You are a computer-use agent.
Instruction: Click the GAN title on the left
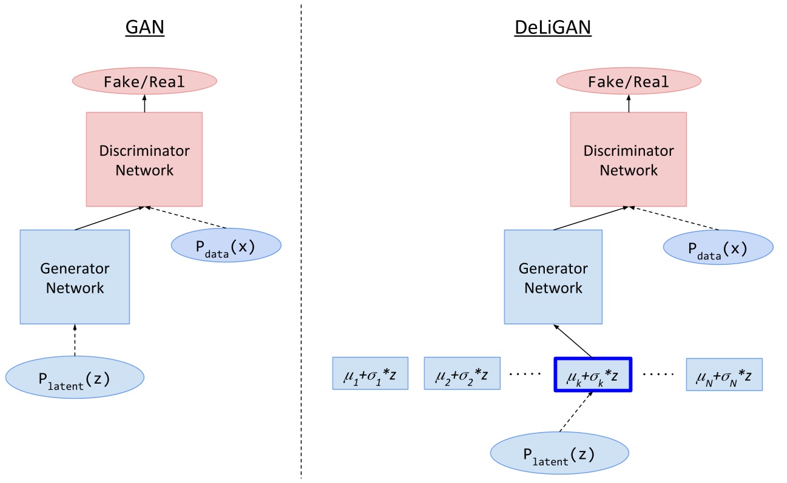[x=145, y=27]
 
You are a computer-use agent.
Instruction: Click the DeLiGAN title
[x=553, y=27]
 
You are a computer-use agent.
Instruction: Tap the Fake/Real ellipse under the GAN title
[x=144, y=81]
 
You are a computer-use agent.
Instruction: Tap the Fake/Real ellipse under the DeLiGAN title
[x=629, y=81]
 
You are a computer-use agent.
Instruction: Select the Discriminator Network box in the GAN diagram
[x=144, y=159]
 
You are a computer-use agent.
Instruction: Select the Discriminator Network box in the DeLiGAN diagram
[x=629, y=159]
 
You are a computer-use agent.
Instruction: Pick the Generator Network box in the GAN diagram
[x=75, y=277]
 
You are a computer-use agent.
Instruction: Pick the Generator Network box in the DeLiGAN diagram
[x=553, y=277]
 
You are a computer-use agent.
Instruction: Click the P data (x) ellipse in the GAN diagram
[x=226, y=245]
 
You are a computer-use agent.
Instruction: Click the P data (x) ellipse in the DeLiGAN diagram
[x=718, y=247]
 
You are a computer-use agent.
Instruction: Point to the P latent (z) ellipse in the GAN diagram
[x=75, y=378]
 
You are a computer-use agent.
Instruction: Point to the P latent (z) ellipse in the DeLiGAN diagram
[x=559, y=453]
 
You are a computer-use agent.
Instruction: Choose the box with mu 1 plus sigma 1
[x=370, y=373]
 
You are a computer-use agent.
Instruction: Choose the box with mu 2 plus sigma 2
[x=462, y=373]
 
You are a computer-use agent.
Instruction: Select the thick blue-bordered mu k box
[x=593, y=375]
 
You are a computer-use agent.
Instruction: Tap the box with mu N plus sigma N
[x=725, y=375]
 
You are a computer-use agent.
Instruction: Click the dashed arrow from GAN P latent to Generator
[x=75, y=340]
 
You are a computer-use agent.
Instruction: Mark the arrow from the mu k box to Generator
[x=573, y=341]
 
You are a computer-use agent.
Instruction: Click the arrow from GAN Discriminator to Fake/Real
[x=144, y=103]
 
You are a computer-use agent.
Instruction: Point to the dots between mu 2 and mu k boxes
[x=525, y=374]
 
